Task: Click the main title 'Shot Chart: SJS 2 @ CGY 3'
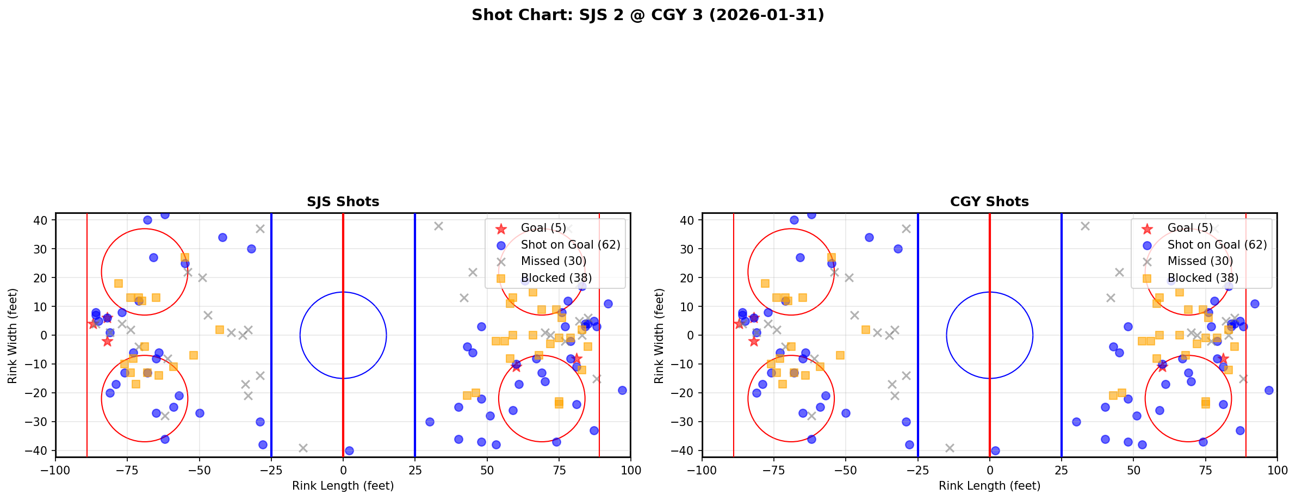coord(648,15)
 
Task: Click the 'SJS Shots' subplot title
coord(343,202)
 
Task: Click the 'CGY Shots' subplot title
coord(989,202)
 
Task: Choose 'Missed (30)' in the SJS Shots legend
coord(553,261)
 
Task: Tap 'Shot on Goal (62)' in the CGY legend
coord(1217,245)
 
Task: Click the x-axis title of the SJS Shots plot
coord(343,486)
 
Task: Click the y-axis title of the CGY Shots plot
coord(659,336)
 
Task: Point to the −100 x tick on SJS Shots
coord(55,470)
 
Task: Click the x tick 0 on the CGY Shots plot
coord(989,470)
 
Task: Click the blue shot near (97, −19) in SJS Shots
coord(622,390)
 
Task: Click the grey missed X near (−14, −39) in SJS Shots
coord(303,448)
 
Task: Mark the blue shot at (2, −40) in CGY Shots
coord(995,450)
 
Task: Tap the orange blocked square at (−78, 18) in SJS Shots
coord(119,283)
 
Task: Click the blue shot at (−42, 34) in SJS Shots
coord(222,237)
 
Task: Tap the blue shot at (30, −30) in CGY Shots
coord(1076,422)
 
